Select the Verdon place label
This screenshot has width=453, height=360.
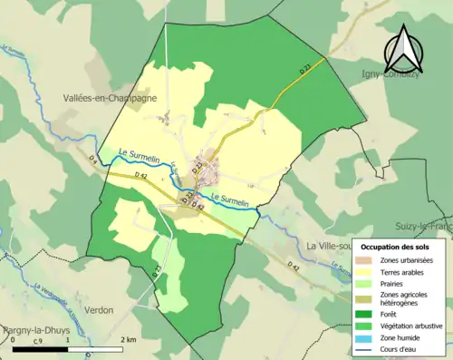point(100,310)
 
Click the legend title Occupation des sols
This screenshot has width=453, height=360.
point(400,247)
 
